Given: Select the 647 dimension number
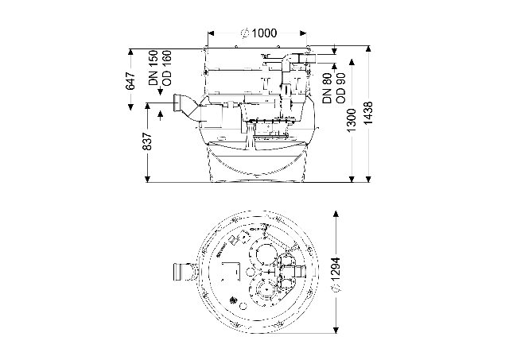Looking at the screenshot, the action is pyautogui.click(x=130, y=81).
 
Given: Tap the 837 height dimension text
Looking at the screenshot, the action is pyautogui.click(x=148, y=141).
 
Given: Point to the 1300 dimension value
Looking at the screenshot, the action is pyautogui.click(x=352, y=120).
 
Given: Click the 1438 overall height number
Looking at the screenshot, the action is pyautogui.click(x=368, y=113).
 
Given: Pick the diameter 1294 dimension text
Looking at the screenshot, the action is pyautogui.click(x=336, y=274).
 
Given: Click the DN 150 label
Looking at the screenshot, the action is pyautogui.click(x=153, y=68).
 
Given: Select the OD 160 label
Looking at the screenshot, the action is pyautogui.click(x=167, y=68).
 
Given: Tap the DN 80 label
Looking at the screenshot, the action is pyautogui.click(x=327, y=88).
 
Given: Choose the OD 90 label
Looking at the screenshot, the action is pyautogui.click(x=340, y=88).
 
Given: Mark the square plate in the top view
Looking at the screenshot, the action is pyautogui.click(x=231, y=271).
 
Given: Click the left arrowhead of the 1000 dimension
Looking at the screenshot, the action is pyautogui.click(x=211, y=33).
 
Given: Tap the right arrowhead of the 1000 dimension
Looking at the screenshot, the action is pyautogui.click(x=303, y=33).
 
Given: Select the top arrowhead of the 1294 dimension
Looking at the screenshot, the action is pyautogui.click(x=336, y=214).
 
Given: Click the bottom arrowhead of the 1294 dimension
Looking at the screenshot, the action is pyautogui.click(x=336, y=330).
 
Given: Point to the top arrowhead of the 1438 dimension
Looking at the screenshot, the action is pyautogui.click(x=368, y=49).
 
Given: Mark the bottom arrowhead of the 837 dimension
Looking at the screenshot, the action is pyautogui.click(x=148, y=179).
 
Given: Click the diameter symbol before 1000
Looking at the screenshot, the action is pyautogui.click(x=245, y=33).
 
